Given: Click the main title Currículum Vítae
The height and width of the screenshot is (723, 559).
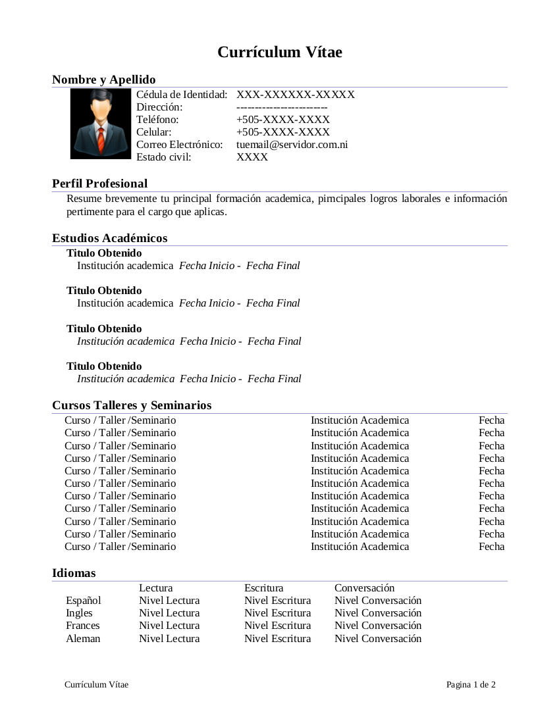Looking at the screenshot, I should (280, 53).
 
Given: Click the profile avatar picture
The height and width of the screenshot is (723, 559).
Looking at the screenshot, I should (101, 124).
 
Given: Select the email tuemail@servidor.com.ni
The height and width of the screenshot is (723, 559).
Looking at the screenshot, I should (292, 144).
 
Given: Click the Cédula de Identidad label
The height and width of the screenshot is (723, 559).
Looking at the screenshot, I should (182, 95).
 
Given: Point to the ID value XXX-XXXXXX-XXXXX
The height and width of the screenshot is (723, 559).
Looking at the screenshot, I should (295, 95).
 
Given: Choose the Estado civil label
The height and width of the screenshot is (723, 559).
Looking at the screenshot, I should (163, 157).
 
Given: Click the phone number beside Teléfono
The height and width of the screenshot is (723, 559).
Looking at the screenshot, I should (282, 120).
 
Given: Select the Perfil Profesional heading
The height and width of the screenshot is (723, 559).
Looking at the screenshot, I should (99, 184).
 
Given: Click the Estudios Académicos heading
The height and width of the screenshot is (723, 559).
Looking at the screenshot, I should (109, 238).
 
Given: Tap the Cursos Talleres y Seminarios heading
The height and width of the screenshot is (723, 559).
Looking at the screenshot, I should (132, 405).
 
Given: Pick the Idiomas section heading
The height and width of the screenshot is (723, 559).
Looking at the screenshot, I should (74, 573).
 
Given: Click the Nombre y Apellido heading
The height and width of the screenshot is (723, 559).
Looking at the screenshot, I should (103, 80).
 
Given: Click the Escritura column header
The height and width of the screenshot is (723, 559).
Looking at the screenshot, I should (263, 587).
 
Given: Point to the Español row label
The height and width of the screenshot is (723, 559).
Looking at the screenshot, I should (83, 601).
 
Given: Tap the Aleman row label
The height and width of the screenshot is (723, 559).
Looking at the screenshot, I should (83, 639).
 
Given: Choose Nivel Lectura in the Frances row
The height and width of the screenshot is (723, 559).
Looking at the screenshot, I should (169, 626).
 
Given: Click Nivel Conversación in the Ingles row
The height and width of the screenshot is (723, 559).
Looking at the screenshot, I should (377, 613).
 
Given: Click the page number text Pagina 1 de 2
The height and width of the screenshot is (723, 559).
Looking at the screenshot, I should (471, 685).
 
